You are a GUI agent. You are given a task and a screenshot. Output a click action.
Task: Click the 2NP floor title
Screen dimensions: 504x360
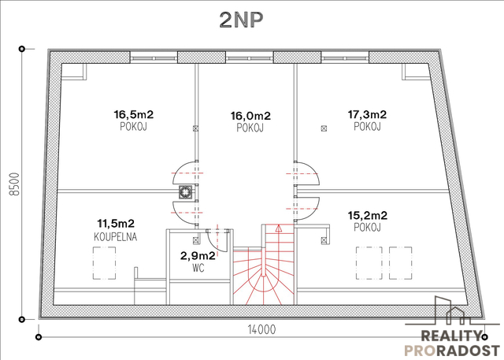(242, 20)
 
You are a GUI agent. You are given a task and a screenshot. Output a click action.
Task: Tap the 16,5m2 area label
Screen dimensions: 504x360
(133, 114)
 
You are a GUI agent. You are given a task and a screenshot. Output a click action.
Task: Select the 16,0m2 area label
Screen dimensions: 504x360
(250, 115)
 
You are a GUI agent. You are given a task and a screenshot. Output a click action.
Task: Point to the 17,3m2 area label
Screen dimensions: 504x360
(367, 114)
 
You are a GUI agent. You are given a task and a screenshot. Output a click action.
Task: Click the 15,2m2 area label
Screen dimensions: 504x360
(368, 215)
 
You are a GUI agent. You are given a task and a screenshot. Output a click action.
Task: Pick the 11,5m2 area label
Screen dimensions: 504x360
(116, 223)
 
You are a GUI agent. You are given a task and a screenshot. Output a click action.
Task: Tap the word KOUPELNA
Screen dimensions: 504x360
(116, 237)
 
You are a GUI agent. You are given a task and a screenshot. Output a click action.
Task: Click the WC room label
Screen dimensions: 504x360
(198, 267)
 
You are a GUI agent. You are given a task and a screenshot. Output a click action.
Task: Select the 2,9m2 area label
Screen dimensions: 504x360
(198, 256)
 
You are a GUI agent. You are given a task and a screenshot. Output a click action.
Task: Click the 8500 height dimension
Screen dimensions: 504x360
(15, 184)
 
